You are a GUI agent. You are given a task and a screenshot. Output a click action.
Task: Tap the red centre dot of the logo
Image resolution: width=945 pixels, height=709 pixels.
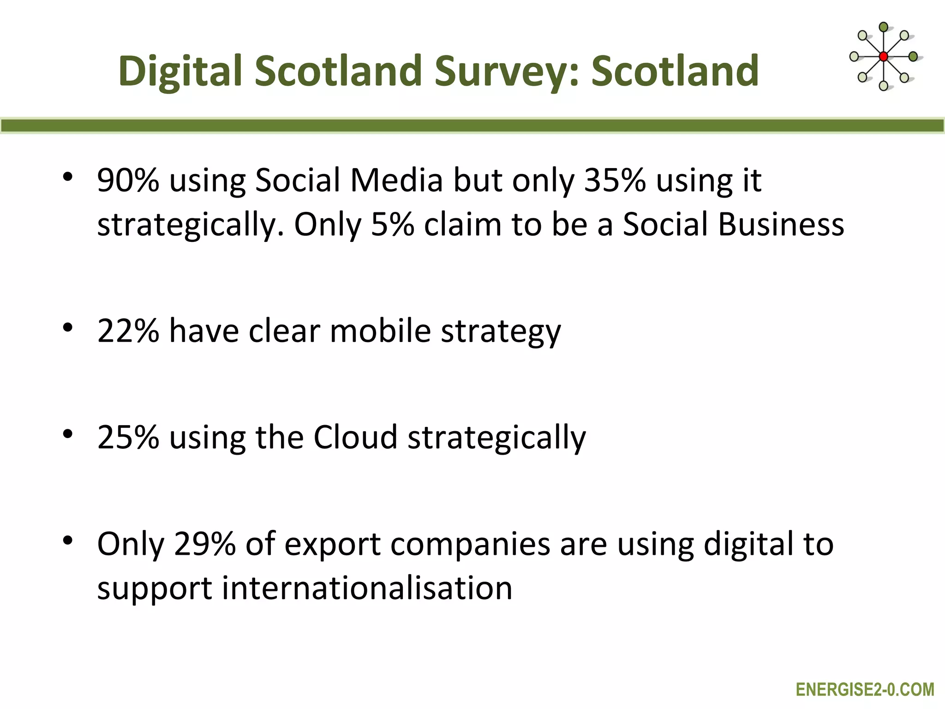tap(883, 57)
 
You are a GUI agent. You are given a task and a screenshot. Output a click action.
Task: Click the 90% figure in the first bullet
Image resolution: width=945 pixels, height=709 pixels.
tap(128, 180)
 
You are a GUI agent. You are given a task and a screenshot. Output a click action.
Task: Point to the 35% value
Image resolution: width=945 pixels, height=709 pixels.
tap(615, 180)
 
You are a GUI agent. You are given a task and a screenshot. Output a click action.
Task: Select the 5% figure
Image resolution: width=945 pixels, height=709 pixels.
tap(392, 225)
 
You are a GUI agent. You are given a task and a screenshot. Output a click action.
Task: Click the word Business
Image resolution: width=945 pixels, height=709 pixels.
tap(781, 225)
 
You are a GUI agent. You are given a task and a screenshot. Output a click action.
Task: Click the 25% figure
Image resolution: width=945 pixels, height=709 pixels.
tap(128, 437)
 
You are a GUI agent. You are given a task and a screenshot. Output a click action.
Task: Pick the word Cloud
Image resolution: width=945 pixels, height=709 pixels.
tap(355, 437)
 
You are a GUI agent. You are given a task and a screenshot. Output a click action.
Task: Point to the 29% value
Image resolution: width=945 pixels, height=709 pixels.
tap(204, 544)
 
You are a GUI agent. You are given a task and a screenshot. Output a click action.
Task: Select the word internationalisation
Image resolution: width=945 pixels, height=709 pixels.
tap(367, 588)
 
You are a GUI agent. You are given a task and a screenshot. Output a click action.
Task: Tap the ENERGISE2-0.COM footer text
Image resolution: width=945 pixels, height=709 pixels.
tap(865, 690)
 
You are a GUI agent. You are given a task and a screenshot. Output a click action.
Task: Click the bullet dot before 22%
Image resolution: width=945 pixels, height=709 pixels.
tap(68, 328)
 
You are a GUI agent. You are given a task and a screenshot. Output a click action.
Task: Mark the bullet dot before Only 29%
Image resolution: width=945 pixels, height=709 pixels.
tap(68, 541)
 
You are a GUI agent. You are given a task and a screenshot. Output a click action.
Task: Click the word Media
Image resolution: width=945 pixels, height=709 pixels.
tap(396, 180)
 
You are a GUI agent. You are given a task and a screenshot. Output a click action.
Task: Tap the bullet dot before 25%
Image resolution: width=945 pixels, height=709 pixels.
tap(68, 434)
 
